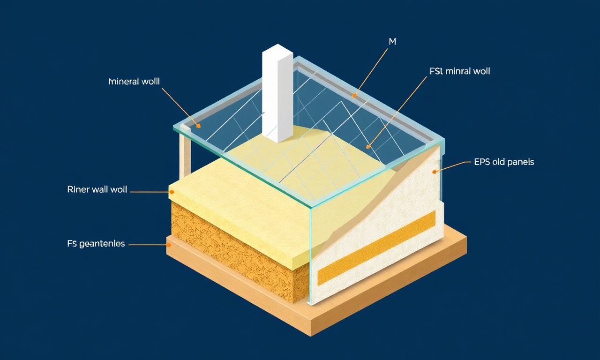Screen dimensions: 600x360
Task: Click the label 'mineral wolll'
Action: [134, 82]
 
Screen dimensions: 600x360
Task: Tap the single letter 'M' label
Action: [392, 42]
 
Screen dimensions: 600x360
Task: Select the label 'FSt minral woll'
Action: [460, 71]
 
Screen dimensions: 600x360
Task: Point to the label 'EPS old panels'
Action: [504, 162]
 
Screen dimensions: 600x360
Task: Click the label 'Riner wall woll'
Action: [97, 190]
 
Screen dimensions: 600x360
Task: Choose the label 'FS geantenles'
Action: [96, 244]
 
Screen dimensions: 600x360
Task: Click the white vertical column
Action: [277, 93]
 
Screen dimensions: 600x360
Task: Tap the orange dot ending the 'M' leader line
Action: [354, 95]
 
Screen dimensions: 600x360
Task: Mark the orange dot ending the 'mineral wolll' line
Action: [198, 125]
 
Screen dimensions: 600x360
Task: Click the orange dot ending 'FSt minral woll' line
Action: [368, 147]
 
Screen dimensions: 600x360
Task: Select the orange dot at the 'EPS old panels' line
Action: [434, 172]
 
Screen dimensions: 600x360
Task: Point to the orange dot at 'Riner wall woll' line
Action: [172, 192]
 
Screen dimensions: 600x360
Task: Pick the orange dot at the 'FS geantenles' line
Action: [169, 245]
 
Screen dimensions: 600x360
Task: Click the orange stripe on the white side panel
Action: [376, 248]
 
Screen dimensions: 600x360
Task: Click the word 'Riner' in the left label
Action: [78, 190]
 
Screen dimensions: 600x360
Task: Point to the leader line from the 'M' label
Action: [371, 72]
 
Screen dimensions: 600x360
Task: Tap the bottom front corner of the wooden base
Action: [311, 336]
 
